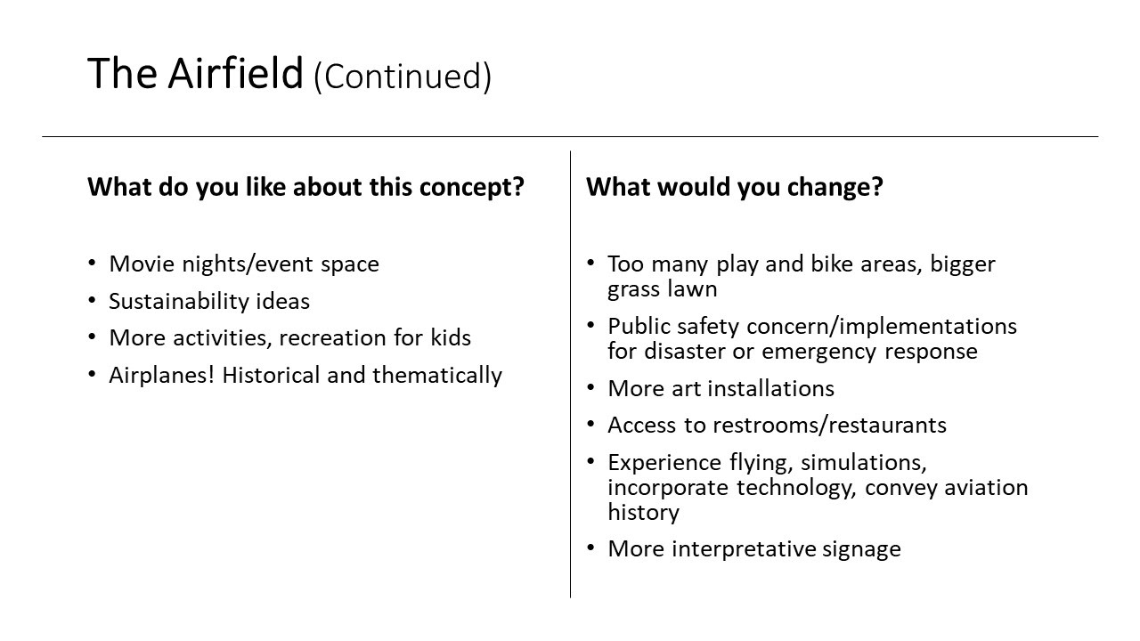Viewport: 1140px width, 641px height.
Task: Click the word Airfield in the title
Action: point(235,73)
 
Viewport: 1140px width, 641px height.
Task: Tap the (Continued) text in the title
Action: point(403,77)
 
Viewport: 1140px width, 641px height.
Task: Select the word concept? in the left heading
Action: point(471,187)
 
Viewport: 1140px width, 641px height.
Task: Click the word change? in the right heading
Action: point(835,187)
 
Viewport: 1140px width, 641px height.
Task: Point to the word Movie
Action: point(142,264)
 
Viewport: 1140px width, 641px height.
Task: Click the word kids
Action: point(451,337)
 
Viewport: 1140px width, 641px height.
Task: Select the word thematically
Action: point(437,376)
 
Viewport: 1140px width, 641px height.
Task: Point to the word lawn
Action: point(692,289)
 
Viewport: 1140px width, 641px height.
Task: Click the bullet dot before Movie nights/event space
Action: point(92,263)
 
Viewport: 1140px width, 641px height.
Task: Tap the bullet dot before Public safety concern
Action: point(590,325)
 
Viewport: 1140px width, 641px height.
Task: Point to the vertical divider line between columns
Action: point(571,374)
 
